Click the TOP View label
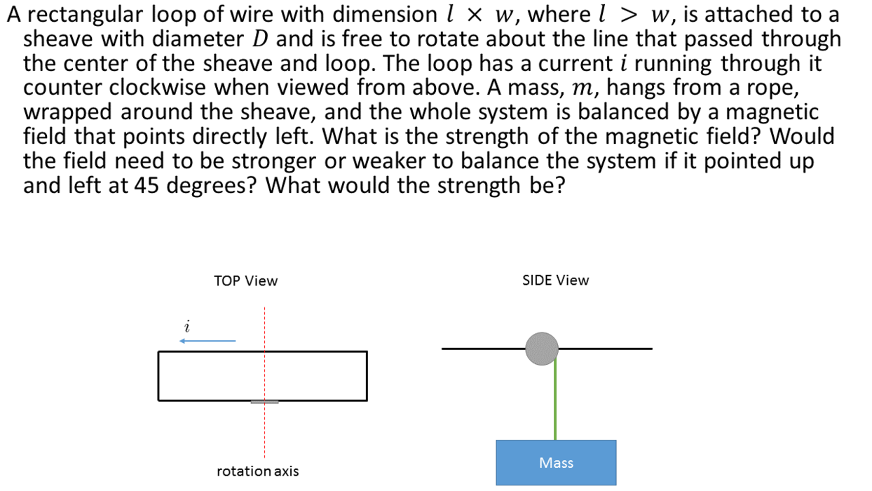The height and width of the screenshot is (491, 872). point(245,281)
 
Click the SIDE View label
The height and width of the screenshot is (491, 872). point(555,281)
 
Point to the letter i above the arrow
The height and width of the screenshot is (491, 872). point(187,327)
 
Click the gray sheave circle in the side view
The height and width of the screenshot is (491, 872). point(542,349)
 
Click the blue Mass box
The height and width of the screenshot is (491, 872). point(556,462)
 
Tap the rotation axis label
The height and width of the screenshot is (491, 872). point(257,471)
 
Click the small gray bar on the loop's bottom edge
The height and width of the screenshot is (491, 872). point(264,402)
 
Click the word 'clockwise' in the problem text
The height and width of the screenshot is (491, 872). point(148,88)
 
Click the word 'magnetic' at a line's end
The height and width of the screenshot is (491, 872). point(770,113)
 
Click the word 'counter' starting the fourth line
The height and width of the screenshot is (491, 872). point(60,88)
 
